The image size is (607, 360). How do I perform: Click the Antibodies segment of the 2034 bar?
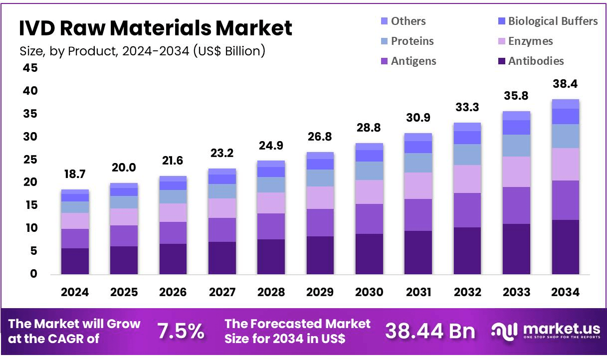[x=565, y=247]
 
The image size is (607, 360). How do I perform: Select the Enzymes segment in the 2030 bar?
[x=369, y=192]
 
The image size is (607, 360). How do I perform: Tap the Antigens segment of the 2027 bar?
[x=222, y=230]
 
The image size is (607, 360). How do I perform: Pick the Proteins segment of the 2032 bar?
[x=467, y=155]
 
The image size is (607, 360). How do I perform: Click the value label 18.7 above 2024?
[x=75, y=175]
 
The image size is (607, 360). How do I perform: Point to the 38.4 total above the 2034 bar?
[x=565, y=84]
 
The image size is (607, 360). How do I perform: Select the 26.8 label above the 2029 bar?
[x=320, y=137]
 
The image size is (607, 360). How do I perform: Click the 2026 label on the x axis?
[x=173, y=292]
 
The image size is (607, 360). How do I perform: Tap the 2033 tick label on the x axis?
[x=516, y=292]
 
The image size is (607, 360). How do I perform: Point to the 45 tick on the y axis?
[x=30, y=68]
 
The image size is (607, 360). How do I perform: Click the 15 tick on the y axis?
[x=30, y=205]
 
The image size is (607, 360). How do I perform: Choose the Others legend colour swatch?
[x=384, y=21]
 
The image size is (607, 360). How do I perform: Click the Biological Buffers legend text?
[x=553, y=21]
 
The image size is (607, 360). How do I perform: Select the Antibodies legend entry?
[x=536, y=61]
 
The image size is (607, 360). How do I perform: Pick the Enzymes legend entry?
[x=530, y=41]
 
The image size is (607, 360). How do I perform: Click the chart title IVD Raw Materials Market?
[x=156, y=28]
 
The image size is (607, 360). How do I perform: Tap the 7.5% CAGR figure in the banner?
[x=181, y=331]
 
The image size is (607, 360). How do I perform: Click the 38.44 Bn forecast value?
[x=430, y=331]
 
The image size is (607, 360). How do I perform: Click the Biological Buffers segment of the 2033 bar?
[x=516, y=128]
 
